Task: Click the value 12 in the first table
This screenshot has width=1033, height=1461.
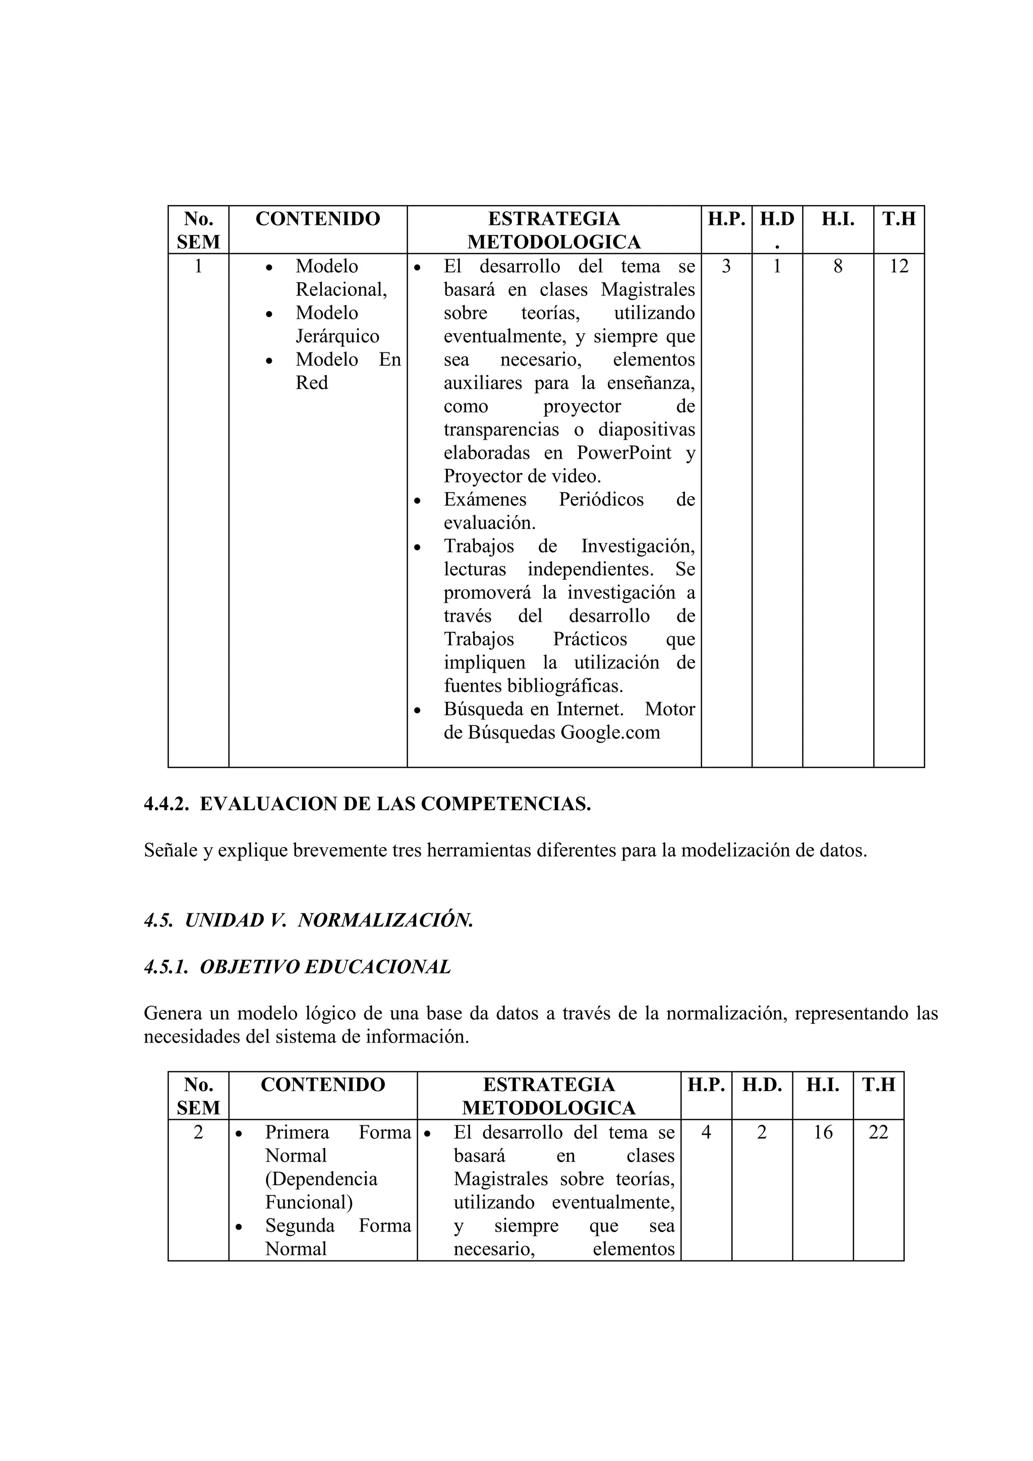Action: pos(899,266)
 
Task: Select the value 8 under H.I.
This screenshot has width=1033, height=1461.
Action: pos(838,266)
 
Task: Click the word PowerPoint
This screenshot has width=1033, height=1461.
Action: pos(624,453)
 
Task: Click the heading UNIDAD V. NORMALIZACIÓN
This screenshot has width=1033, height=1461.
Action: pos(329,921)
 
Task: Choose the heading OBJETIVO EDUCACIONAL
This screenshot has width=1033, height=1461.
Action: pos(325,967)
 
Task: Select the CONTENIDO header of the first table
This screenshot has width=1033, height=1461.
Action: pos(318,219)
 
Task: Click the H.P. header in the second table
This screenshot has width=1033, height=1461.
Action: pos(706,1085)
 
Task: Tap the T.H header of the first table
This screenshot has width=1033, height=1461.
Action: pos(899,219)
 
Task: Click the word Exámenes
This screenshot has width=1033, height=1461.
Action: pos(485,500)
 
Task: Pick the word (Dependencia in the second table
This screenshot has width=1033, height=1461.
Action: pos(321,1179)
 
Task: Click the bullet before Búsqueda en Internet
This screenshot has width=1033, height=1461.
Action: pos(418,709)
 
